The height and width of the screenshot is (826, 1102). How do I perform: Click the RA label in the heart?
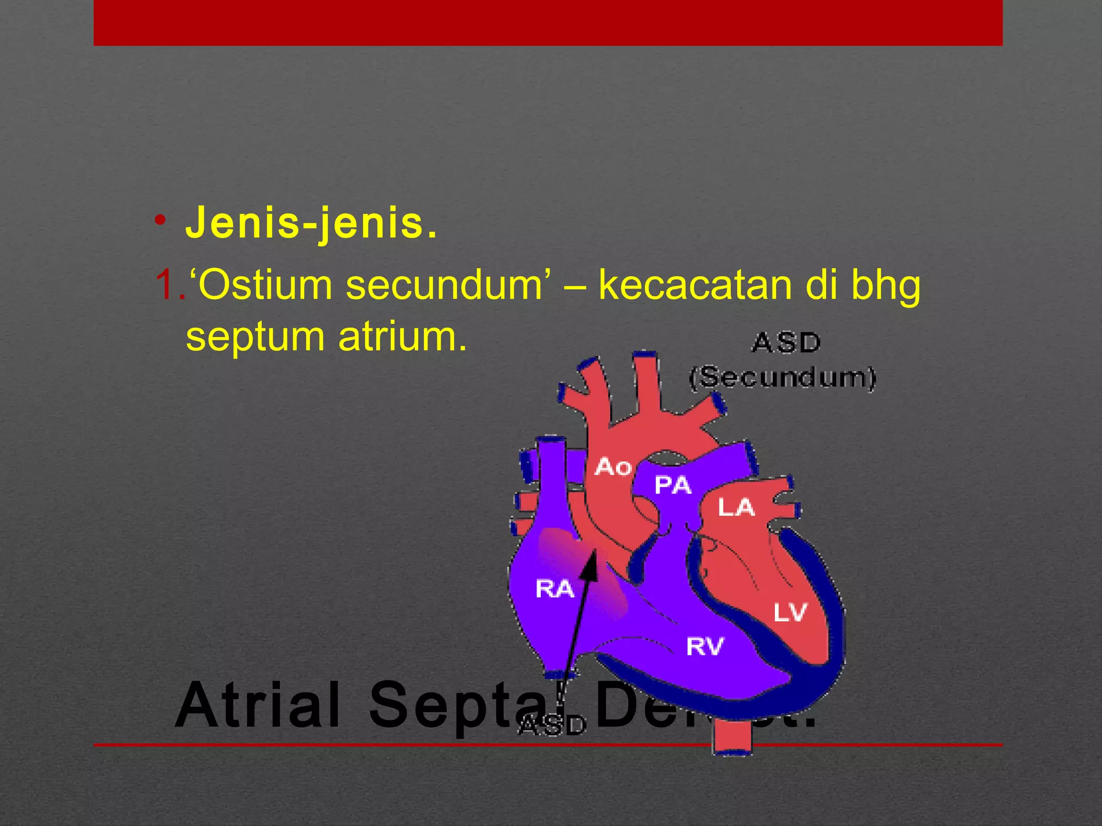click(x=555, y=589)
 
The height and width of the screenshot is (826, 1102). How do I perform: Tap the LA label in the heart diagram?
click(x=736, y=507)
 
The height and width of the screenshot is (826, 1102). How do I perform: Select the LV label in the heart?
click(x=790, y=612)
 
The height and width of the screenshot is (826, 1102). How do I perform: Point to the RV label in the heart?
click(x=705, y=646)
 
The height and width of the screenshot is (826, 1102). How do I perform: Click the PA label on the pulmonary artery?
click(x=672, y=485)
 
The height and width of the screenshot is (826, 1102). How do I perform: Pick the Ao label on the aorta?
click(x=613, y=467)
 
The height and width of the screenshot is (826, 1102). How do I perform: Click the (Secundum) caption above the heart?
click(x=783, y=378)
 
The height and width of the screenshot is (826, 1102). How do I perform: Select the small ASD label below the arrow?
click(x=552, y=726)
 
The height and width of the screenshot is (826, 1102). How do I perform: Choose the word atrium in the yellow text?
click(x=402, y=337)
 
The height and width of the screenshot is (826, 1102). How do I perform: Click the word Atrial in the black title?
click(x=258, y=704)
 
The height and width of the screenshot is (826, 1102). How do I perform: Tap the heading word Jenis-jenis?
click(x=310, y=223)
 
